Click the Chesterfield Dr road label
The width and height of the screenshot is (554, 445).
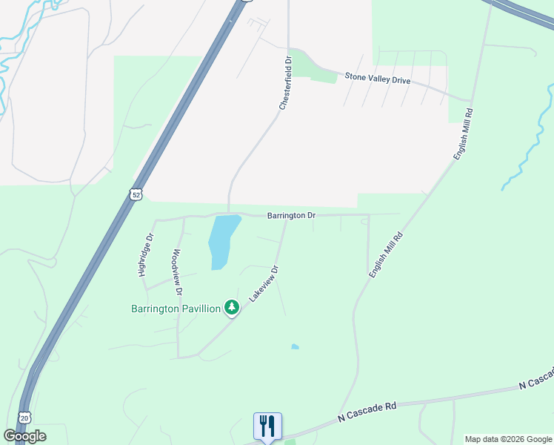click(x=287, y=82)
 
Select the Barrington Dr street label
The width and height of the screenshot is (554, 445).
click(x=292, y=216)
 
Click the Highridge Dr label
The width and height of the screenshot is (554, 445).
click(x=146, y=255)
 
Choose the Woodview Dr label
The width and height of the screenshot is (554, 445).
click(x=178, y=271)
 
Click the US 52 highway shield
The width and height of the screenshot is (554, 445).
click(x=134, y=194)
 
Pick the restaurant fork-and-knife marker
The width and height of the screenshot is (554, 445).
click(x=267, y=426)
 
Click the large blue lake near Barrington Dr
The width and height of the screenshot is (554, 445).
click(x=223, y=239)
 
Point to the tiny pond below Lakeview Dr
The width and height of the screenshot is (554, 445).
click(x=296, y=346)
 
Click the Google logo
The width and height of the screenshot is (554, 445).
click(x=24, y=435)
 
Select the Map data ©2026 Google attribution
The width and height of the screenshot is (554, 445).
click(x=508, y=439)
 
